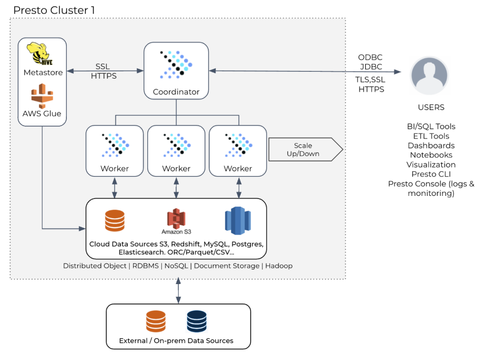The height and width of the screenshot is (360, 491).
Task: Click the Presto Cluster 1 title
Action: [54, 10]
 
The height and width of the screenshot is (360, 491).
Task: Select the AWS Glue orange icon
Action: [42, 96]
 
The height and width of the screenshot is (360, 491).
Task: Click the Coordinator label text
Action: [176, 92]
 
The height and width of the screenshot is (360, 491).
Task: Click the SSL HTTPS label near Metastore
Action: [104, 71]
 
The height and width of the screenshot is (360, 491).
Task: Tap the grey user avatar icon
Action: [430, 75]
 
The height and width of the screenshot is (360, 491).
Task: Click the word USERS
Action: [431, 108]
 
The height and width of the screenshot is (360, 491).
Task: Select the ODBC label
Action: [370, 58]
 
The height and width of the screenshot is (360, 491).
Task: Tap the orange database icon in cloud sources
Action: [114, 221]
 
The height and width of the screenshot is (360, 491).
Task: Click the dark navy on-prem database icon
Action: [197, 321]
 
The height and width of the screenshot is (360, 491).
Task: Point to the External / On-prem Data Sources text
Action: [176, 340]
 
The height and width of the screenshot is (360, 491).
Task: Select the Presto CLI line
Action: [431, 174]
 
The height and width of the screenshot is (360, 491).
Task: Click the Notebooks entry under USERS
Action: [431, 155]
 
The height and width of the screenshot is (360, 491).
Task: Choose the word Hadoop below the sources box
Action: [279, 265]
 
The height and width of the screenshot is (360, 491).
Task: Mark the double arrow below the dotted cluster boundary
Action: [178, 291]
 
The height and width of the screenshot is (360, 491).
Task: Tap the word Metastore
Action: [43, 73]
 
